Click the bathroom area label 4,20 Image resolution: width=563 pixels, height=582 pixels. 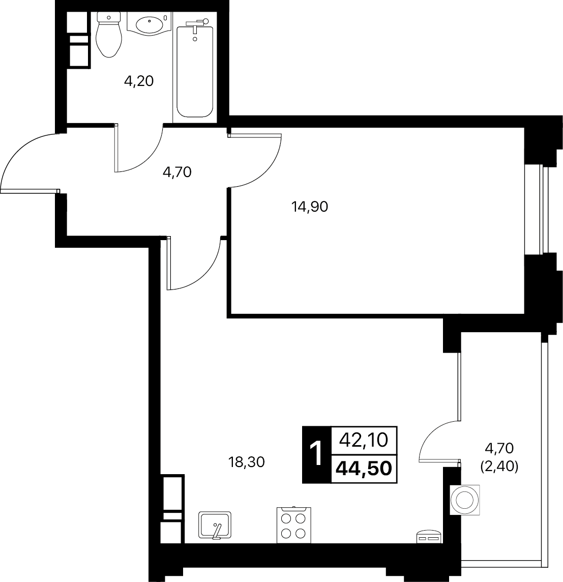(139, 81)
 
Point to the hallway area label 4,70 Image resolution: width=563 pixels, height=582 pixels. (176, 172)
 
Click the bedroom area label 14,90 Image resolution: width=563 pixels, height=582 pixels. (310, 207)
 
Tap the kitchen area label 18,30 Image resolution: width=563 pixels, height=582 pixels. (247, 462)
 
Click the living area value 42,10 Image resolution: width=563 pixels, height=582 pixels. (364, 439)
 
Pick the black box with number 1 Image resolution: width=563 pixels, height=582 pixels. (316, 454)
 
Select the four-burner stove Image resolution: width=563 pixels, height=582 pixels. (294, 526)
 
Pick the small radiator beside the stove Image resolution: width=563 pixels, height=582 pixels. (429, 537)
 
